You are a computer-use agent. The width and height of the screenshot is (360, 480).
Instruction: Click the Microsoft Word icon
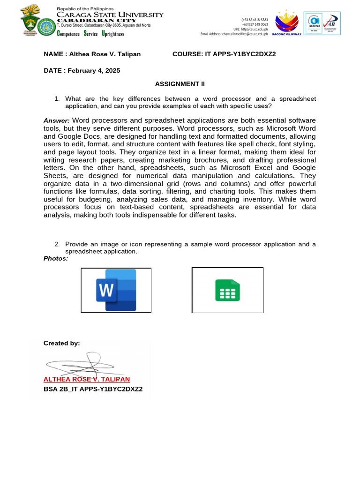[x=116, y=290]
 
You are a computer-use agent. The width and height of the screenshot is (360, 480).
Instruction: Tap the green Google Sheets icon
[x=227, y=290]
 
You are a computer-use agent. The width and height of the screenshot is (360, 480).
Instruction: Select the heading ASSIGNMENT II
[x=180, y=84]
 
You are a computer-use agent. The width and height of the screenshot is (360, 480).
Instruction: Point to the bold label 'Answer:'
[x=57, y=120]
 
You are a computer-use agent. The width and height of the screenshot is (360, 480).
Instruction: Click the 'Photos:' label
[x=56, y=258]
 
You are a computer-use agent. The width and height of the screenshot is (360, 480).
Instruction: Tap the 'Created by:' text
[x=61, y=343]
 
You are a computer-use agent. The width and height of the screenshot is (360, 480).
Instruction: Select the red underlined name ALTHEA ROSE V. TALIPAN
[x=87, y=379]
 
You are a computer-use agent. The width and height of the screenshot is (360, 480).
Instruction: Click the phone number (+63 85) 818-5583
[x=255, y=20]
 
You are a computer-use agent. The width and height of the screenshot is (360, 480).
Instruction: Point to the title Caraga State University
[x=110, y=15]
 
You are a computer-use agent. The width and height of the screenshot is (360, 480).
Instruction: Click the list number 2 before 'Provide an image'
[x=57, y=244]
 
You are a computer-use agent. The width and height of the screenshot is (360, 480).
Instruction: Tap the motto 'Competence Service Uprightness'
[x=90, y=34]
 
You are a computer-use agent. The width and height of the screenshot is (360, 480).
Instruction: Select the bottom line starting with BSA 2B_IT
[x=93, y=389]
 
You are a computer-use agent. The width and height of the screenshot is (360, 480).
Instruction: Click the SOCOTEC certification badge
[x=314, y=23]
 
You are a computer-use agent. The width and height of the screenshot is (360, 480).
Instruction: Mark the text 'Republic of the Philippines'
[x=85, y=9]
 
